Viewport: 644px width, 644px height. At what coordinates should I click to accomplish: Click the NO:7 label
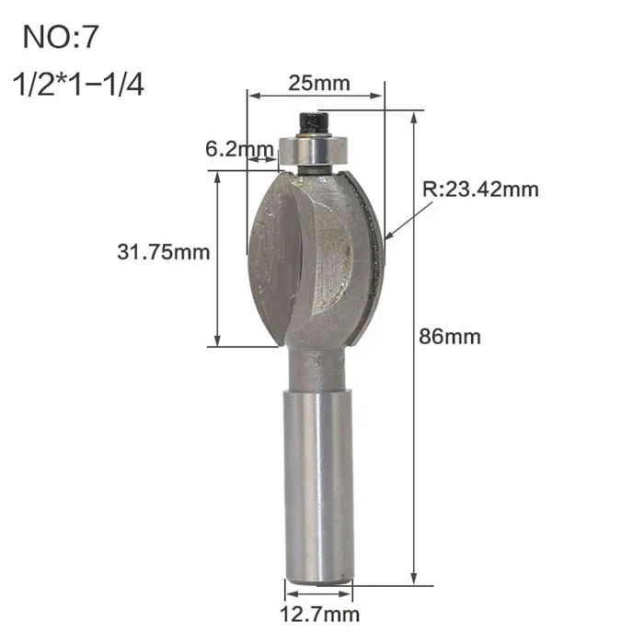point(61,38)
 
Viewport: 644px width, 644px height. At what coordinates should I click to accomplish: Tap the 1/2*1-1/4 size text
point(78,85)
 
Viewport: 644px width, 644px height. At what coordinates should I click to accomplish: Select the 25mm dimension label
point(318,84)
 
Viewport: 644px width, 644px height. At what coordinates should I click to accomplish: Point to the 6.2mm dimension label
point(239,149)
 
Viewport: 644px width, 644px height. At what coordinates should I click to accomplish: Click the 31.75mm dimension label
point(164,252)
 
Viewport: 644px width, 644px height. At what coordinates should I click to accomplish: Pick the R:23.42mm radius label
point(480,190)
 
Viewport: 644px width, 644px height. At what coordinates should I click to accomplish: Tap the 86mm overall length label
point(450,337)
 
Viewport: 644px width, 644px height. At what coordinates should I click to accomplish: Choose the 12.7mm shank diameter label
point(319,615)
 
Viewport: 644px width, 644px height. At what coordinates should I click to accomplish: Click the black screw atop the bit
point(315,123)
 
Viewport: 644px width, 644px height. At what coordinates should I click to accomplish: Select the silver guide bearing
point(315,151)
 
